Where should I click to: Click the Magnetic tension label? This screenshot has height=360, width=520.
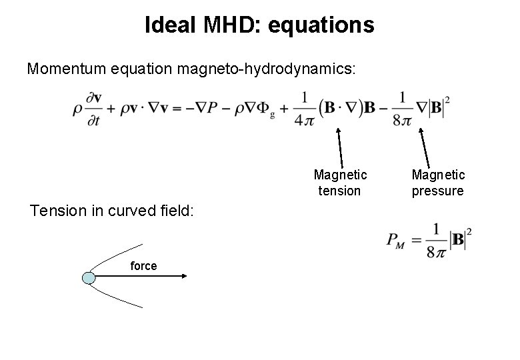click(x=340, y=183)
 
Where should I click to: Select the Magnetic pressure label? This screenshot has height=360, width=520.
click(x=438, y=183)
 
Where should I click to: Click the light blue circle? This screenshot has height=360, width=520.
click(x=89, y=277)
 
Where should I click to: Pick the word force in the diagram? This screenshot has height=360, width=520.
click(x=143, y=266)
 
